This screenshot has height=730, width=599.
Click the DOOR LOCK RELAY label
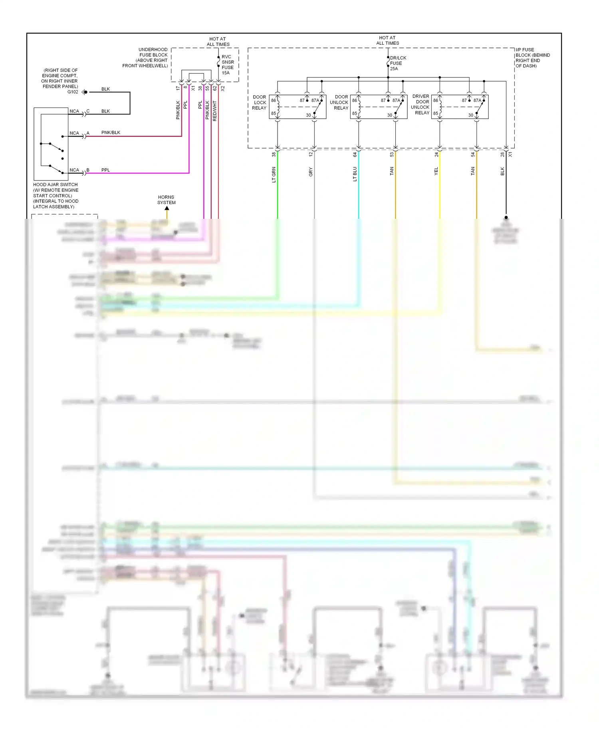(259, 103)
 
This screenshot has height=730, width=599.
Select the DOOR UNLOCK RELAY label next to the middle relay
(339, 103)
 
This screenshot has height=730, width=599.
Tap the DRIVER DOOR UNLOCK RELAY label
(420, 105)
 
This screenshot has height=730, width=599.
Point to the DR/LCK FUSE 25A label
(397, 63)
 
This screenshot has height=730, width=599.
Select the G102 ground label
(73, 92)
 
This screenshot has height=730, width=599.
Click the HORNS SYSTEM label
(166, 200)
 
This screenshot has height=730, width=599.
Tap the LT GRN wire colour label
(274, 175)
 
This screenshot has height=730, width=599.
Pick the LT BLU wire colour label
(355, 174)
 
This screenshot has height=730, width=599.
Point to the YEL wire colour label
(436, 171)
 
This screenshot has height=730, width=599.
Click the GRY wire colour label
(311, 172)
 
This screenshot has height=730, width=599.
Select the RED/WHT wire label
(215, 111)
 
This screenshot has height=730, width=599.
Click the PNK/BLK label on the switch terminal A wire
(111, 133)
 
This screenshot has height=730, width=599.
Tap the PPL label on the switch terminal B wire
(105, 170)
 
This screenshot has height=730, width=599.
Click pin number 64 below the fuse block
(355, 155)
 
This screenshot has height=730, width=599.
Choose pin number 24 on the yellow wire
(436, 155)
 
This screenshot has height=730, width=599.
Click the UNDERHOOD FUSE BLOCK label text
(146, 58)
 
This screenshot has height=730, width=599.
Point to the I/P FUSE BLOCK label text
(532, 58)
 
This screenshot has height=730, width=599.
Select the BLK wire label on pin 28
(502, 171)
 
